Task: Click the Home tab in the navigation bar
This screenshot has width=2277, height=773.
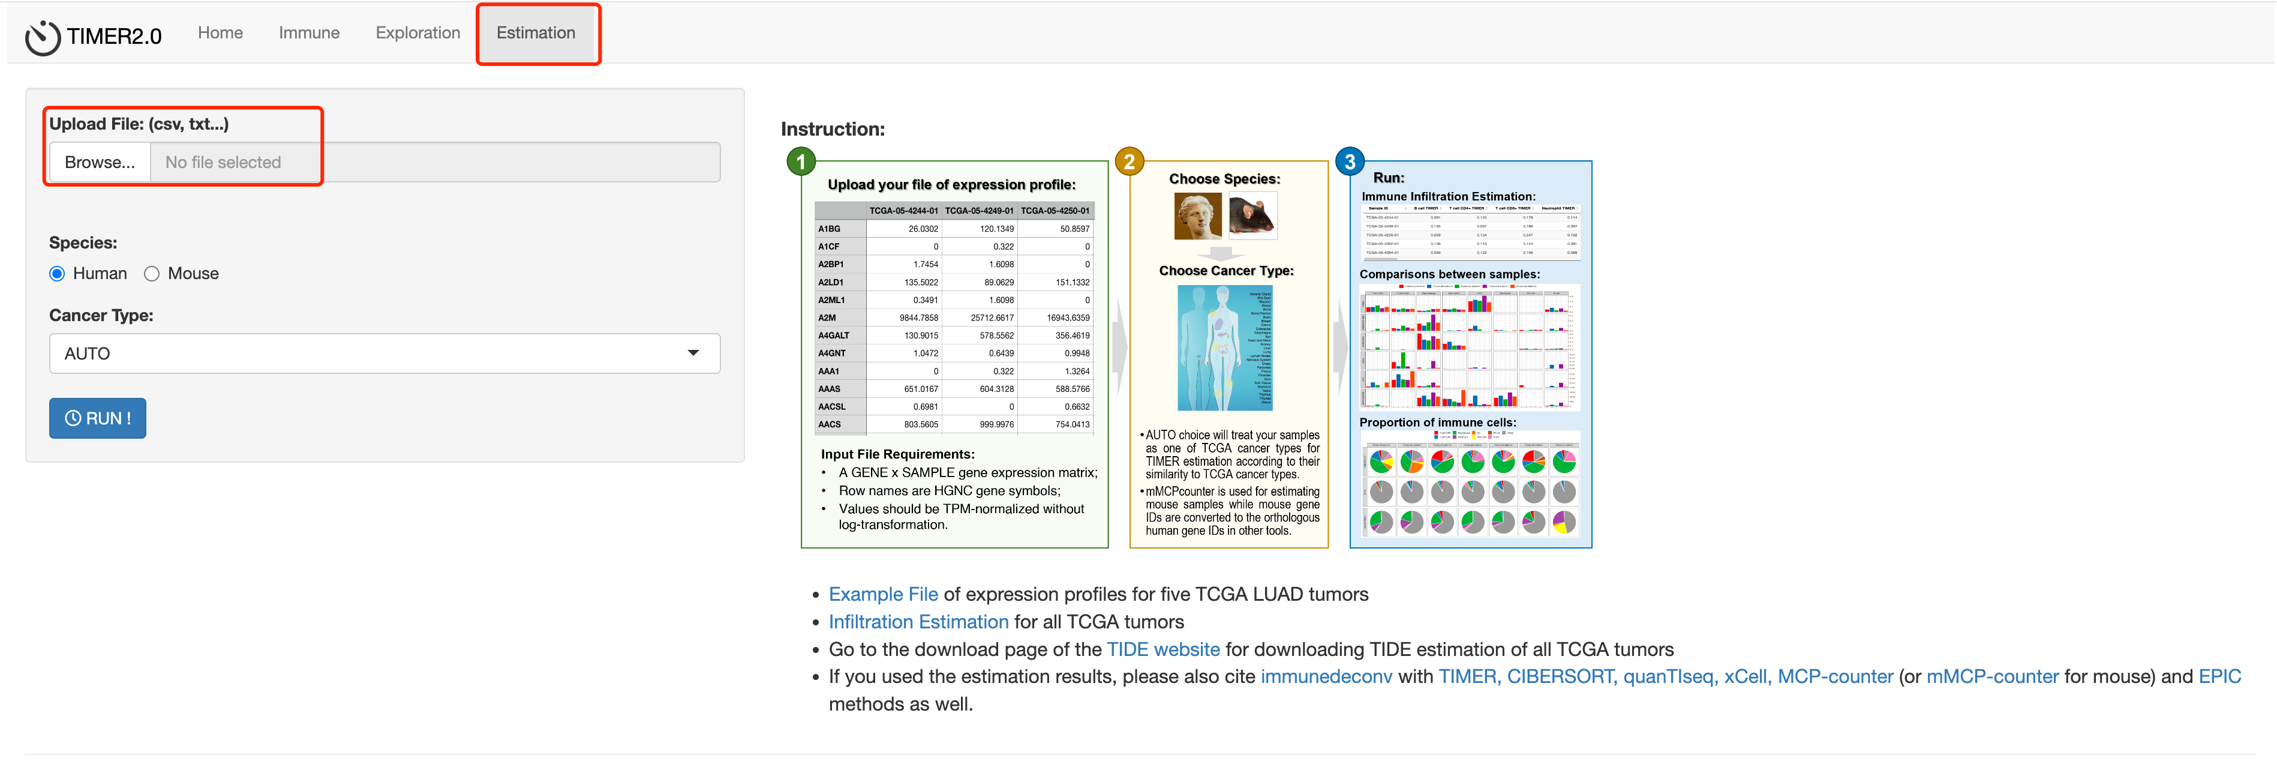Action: click(220, 33)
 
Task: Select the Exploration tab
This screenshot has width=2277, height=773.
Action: click(417, 33)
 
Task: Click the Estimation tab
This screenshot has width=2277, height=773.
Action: click(536, 33)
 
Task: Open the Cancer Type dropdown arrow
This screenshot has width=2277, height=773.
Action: click(693, 353)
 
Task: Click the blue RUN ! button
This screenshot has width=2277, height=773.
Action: click(97, 418)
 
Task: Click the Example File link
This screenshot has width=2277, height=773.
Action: click(882, 594)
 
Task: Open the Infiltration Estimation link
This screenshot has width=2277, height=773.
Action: click(918, 622)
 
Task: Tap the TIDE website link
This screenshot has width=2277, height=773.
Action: click(1162, 649)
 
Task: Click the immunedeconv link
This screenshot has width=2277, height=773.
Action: click(1325, 676)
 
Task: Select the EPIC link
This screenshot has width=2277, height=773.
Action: click(2219, 676)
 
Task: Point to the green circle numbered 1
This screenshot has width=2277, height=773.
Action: click(801, 162)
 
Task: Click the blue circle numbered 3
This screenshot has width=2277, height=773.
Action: click(1349, 162)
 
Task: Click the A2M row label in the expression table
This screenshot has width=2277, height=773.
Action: click(827, 317)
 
